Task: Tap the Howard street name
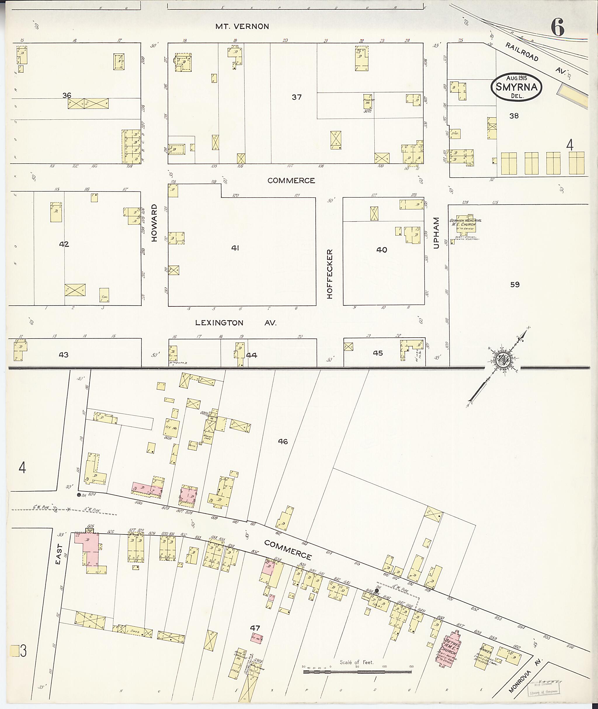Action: pos(154,223)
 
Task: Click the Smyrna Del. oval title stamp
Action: pos(516,86)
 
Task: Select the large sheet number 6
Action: pos(557,27)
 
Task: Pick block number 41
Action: pos(235,248)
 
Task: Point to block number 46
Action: pos(283,441)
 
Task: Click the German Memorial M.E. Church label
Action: pos(465,222)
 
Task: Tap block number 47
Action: pos(255,628)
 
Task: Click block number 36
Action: pos(67,95)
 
